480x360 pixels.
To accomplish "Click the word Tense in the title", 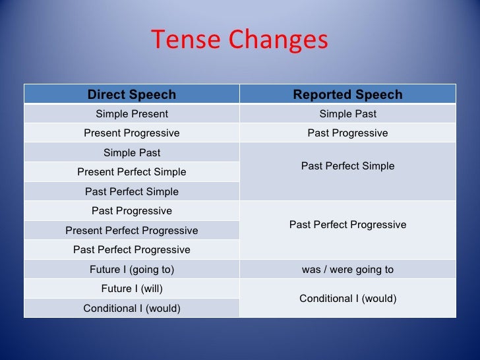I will [185, 40].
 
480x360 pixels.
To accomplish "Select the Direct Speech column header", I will [132, 94].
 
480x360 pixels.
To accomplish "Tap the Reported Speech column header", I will [347, 94].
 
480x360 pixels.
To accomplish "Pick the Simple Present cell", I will [132, 114].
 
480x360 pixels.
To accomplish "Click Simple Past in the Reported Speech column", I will [347, 114].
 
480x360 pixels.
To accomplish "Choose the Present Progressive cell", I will [132, 133].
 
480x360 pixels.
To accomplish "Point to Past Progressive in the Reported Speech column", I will [347, 133].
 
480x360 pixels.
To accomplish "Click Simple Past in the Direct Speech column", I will [132, 153].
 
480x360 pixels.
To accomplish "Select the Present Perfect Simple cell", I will [132, 172].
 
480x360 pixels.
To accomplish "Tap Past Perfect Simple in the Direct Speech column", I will [132, 192].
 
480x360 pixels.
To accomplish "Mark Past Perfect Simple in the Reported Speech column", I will [347, 166].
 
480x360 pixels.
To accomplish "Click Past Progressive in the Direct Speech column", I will [132, 211].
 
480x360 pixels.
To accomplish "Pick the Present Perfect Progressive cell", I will [132, 231].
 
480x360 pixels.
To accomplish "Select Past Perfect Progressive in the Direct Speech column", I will [132, 250].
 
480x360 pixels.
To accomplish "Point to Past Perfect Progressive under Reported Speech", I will [347, 225].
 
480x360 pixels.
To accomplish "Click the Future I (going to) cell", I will [132, 269].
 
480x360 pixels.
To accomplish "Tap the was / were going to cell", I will [347, 269].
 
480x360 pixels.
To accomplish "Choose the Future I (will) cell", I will [132, 289].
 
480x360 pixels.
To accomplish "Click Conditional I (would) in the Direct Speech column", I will [132, 308].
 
